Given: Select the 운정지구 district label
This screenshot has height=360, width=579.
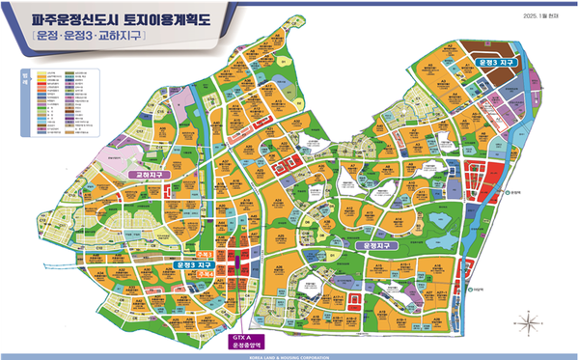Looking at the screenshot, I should point(377,246).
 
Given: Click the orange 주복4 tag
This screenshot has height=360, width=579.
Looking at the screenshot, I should point(231,270).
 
